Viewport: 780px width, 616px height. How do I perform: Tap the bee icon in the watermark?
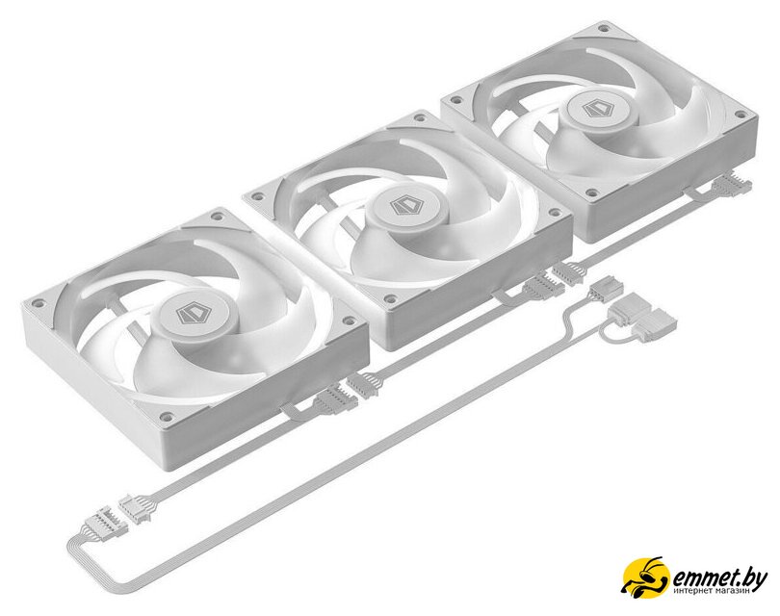click(646, 577)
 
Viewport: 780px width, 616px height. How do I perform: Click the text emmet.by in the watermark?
click(719, 577)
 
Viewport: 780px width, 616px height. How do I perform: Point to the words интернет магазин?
click(712, 591)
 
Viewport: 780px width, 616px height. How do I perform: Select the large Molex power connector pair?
click(636, 319)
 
